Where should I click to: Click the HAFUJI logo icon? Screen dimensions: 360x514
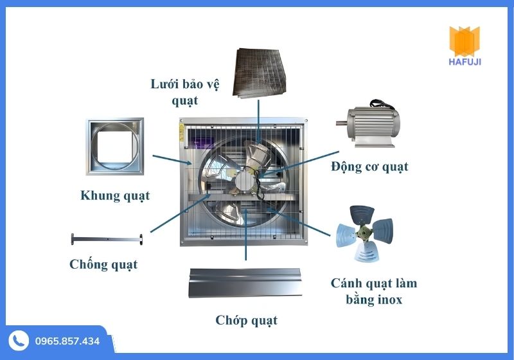(466, 40)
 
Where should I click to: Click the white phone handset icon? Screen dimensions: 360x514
(19, 341)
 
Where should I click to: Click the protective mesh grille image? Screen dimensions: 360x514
(260, 72)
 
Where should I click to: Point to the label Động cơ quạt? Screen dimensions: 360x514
(369, 166)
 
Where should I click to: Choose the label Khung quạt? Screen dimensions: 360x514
(115, 195)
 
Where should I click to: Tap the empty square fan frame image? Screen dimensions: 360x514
(115, 147)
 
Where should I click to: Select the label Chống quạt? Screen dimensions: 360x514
(103, 264)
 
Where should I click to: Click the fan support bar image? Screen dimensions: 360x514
(106, 239)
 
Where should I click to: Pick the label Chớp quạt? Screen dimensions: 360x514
(246, 319)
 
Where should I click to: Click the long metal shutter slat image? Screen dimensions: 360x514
(244, 283)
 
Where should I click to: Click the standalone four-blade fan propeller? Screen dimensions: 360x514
(365, 232)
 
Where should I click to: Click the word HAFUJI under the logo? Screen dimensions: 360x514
(466, 62)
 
